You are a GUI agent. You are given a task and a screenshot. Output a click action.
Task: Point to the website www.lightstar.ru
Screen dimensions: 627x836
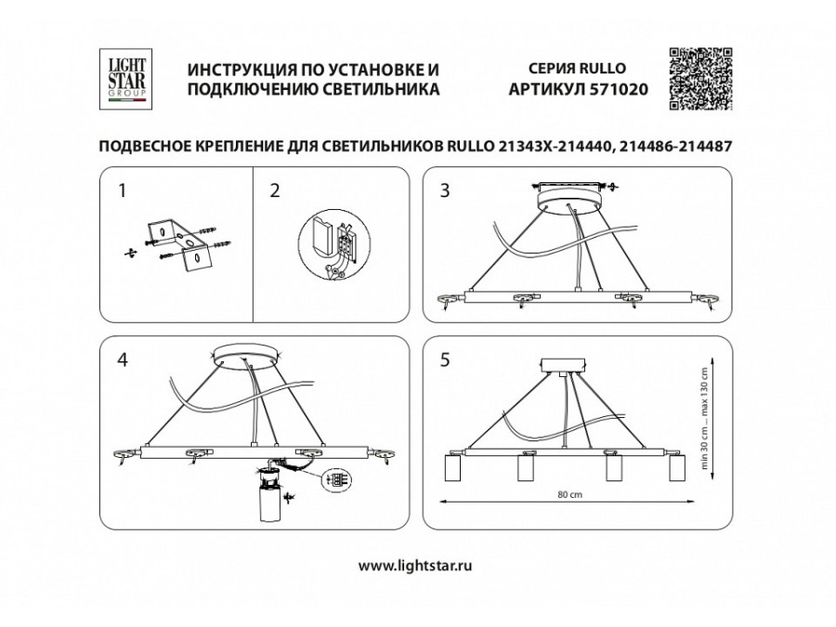(x=418, y=564)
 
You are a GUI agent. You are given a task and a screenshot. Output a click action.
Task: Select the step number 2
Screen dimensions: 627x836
(x=273, y=191)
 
